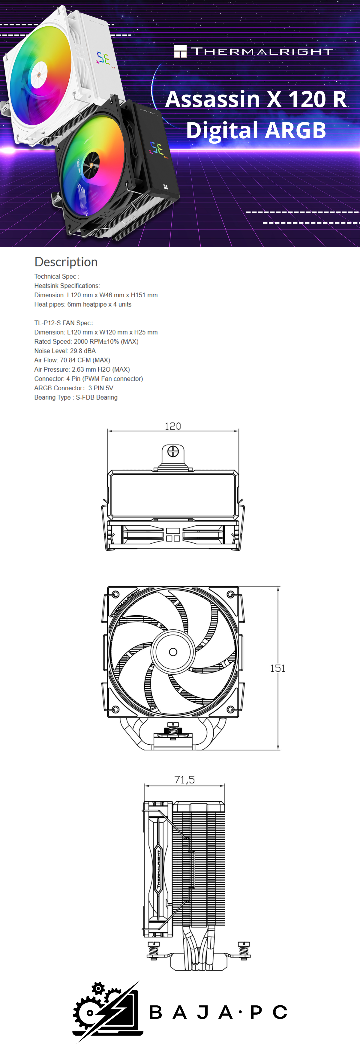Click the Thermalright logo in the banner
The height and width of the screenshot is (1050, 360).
click(x=253, y=51)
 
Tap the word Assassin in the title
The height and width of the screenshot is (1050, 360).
click(x=212, y=100)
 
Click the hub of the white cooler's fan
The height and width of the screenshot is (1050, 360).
click(x=39, y=75)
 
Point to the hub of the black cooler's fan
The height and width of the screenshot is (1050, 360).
click(x=91, y=165)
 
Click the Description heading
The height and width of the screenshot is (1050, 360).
click(x=66, y=262)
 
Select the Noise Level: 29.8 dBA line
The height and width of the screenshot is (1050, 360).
click(x=65, y=351)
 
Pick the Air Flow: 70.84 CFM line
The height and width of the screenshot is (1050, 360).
click(x=72, y=360)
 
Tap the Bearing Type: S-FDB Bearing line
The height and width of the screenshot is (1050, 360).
click(x=76, y=397)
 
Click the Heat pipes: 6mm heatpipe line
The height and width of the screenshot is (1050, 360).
click(x=83, y=304)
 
